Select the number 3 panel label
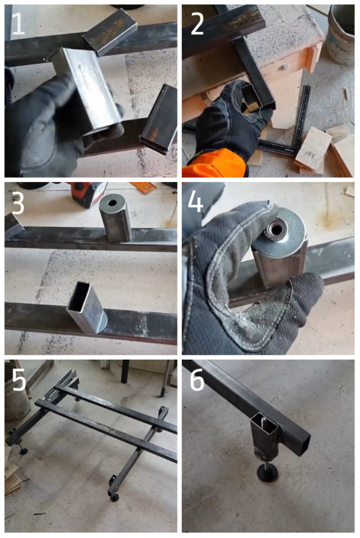point(17,202)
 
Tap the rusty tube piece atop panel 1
point(110,31)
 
